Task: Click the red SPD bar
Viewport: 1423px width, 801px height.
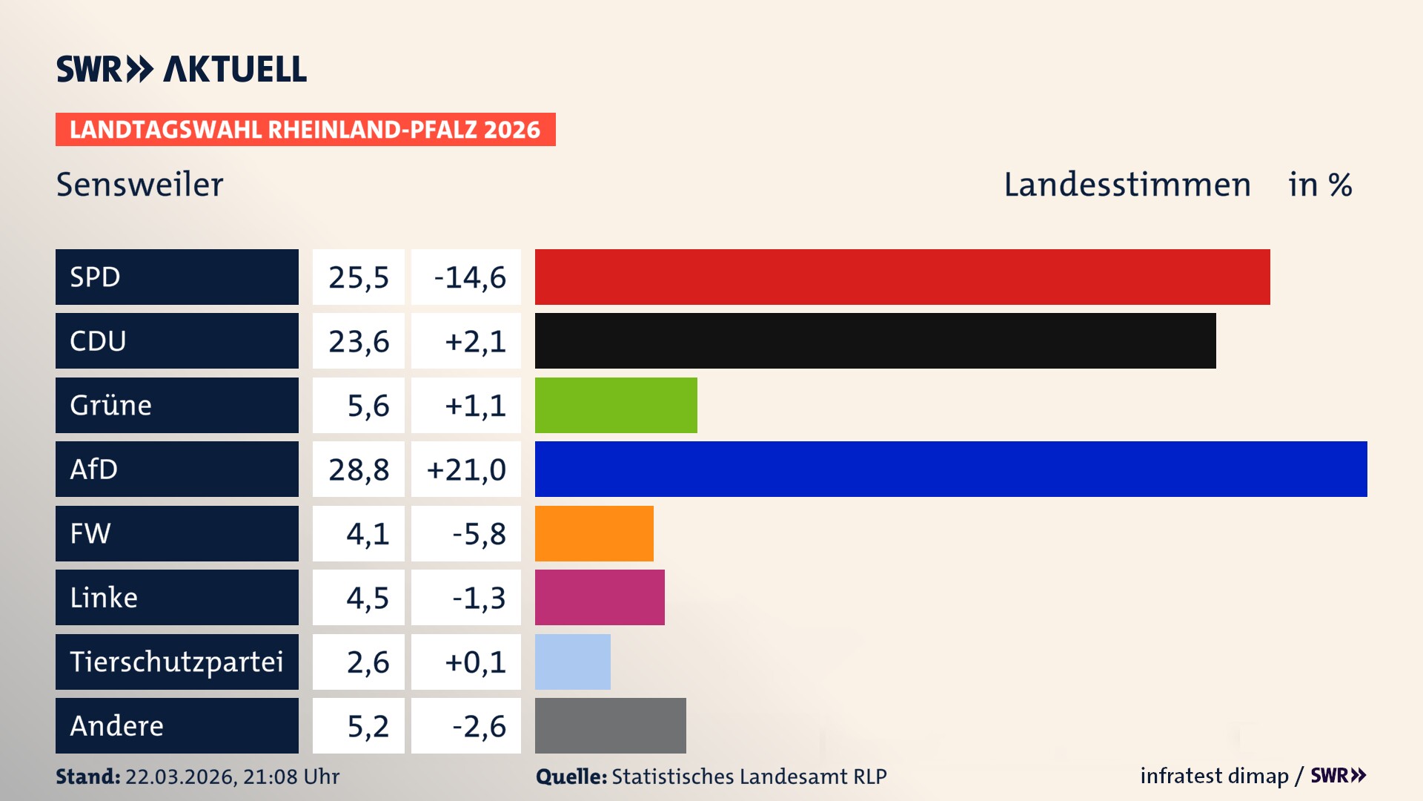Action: point(902,277)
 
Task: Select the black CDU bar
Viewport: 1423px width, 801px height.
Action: point(875,340)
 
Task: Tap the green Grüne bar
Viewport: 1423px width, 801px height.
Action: point(616,405)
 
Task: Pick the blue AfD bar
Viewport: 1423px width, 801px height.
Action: point(951,469)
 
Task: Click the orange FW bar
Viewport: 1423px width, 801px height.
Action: point(594,533)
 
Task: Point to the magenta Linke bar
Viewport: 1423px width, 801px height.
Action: point(600,597)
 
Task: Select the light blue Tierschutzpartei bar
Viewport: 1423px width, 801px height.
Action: point(572,662)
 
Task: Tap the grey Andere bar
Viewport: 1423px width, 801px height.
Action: point(610,725)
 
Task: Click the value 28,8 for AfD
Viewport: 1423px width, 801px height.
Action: point(359,469)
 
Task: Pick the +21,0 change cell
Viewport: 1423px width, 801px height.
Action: point(466,469)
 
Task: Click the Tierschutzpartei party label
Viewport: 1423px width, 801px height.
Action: point(176,662)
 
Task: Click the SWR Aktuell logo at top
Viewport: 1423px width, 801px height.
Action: point(182,69)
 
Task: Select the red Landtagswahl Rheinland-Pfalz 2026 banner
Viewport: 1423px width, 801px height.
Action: point(305,130)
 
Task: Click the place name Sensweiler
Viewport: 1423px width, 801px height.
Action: point(139,185)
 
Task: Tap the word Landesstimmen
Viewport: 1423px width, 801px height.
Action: point(1127,185)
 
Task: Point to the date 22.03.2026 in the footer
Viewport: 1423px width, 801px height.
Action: point(179,777)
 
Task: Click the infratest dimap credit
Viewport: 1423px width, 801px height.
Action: point(1213,776)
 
